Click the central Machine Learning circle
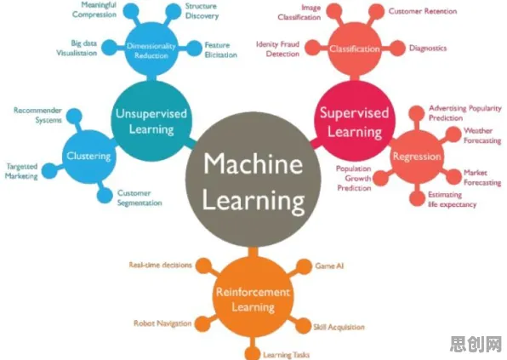pyautogui.click(x=253, y=180)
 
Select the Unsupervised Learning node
pyautogui.click(x=151, y=121)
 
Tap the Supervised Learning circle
pyautogui.click(x=355, y=121)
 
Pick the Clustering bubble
pyautogui.click(x=89, y=157)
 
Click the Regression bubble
pyautogui.click(x=417, y=157)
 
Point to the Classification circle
pyautogui.click(x=355, y=49)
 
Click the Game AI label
pyautogui.click(x=329, y=266)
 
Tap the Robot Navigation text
pyautogui.click(x=162, y=323)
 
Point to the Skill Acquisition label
pyautogui.click(x=339, y=327)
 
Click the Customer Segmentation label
pyautogui.click(x=140, y=198)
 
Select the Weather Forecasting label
pyautogui.click(x=482, y=135)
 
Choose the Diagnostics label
pyautogui.click(x=428, y=49)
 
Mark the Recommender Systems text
pyautogui.click(x=37, y=115)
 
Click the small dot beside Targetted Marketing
pyautogui.click(x=49, y=170)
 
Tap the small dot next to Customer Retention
pyautogui.click(x=376, y=11)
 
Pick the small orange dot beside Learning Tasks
pyautogui.click(x=252, y=353)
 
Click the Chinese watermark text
pyautogui.click(x=476, y=344)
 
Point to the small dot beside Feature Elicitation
pyautogui.click(x=194, y=49)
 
